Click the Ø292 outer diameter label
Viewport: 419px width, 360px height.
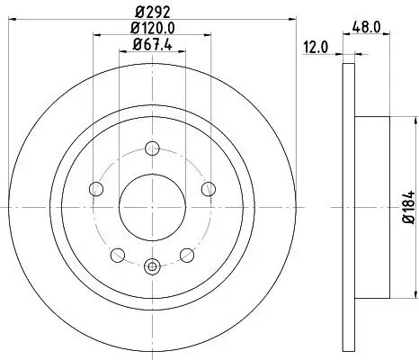[153, 13]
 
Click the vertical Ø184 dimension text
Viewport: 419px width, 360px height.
[407, 208]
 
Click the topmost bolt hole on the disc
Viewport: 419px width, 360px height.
[152, 149]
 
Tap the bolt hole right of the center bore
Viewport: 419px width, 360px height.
[208, 188]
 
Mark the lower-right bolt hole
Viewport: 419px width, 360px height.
[186, 254]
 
